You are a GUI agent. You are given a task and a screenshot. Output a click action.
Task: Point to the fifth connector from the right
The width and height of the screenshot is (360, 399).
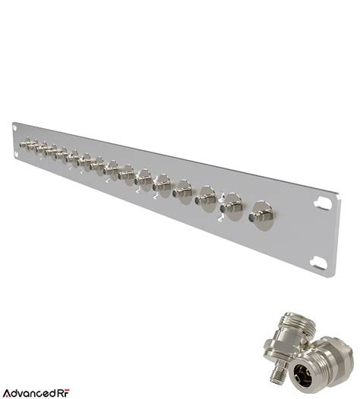162,183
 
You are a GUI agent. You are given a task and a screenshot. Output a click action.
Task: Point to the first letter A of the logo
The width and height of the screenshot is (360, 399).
7,392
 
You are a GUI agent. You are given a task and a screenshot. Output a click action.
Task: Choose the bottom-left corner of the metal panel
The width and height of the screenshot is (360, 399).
11,160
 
